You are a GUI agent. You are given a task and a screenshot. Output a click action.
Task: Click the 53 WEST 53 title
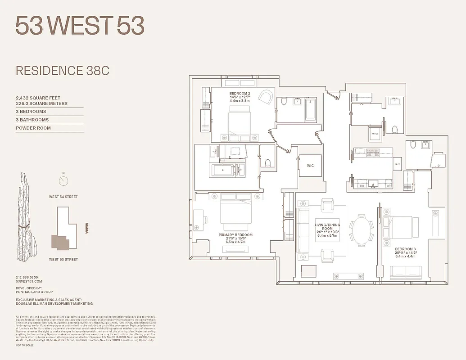(x=80, y=26)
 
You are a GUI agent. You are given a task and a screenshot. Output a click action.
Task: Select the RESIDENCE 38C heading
(x=63, y=71)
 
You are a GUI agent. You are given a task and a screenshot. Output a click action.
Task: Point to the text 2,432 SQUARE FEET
(x=38, y=98)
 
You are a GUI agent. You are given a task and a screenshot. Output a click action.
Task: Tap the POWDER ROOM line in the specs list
(x=33, y=128)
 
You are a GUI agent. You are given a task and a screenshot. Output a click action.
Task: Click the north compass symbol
(x=63, y=181)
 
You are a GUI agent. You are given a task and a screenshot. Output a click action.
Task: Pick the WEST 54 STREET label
(x=63, y=197)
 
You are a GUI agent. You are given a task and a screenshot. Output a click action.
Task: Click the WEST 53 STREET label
(x=63, y=259)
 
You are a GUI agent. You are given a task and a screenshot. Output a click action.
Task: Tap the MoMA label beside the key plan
(x=89, y=226)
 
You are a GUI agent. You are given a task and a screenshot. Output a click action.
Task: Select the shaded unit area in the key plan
(x=61, y=242)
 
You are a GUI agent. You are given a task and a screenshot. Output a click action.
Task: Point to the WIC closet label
(x=310, y=166)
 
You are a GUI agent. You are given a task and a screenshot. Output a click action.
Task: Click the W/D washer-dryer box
(x=375, y=134)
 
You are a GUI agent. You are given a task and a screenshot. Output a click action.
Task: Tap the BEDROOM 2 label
(x=240, y=94)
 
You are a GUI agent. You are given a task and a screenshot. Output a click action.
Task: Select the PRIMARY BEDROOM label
(x=235, y=235)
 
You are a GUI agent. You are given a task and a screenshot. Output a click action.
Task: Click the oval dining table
(x=362, y=231)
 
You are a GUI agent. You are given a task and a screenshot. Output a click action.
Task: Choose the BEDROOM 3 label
(x=406, y=249)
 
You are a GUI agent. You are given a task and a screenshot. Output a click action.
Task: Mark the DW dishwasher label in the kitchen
(x=362, y=185)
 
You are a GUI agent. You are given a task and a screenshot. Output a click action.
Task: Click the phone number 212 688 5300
(x=27, y=277)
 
